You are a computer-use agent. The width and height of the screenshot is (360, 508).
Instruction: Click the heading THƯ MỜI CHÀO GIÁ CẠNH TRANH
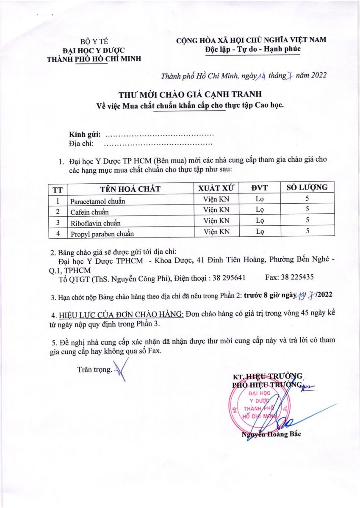pos(189,94)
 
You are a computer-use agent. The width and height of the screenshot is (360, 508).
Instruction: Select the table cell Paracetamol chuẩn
pos(98,201)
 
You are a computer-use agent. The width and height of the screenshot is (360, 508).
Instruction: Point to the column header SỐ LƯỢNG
pos(307,188)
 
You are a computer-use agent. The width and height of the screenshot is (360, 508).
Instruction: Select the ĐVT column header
pos(260,188)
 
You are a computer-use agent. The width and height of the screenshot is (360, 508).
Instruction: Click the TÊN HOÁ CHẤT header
pos(130,189)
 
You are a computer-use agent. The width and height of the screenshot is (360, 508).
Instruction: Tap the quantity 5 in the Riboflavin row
pos(307,220)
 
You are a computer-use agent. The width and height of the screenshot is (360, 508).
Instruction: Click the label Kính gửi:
pos(85,135)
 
